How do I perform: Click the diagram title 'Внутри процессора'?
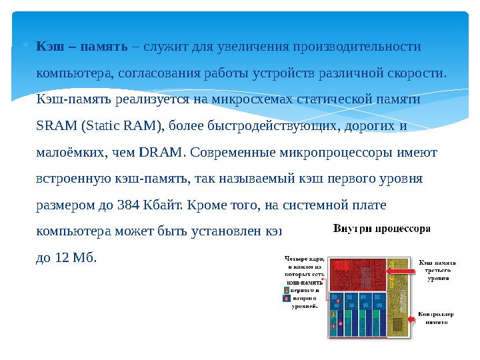tap(381, 228)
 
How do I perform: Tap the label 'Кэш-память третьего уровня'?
tap(437, 271)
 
